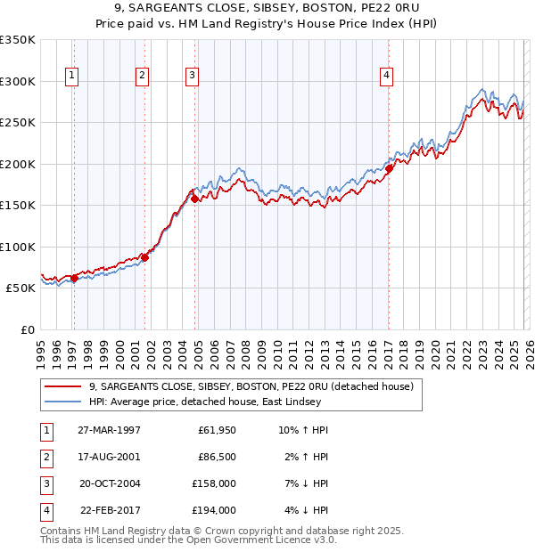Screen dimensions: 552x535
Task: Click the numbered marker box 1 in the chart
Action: [71, 77]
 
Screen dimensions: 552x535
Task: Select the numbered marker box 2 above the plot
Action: [142, 77]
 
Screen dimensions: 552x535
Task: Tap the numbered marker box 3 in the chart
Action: [192, 77]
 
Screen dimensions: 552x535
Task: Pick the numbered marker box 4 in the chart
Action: [386, 77]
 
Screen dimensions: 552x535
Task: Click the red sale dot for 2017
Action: [390, 168]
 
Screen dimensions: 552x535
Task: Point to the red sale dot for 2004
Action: [195, 199]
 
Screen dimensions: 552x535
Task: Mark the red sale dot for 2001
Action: [145, 257]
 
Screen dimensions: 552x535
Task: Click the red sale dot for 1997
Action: [74, 278]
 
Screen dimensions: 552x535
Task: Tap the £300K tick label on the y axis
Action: [18, 81]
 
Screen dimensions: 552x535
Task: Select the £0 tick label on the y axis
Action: [27, 329]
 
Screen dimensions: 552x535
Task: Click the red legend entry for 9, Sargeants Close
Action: [250, 387]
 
